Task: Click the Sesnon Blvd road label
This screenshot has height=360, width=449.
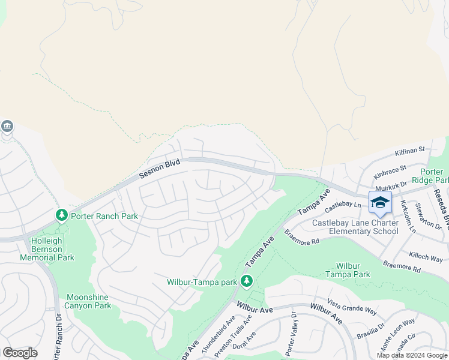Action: [x=159, y=169]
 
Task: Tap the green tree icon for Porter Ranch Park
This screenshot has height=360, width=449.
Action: [x=61, y=215]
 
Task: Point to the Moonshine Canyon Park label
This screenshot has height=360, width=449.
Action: [x=89, y=301]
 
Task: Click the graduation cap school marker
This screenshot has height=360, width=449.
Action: [x=380, y=203]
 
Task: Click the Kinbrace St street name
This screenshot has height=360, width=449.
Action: [x=390, y=172]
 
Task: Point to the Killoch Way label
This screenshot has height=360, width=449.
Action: [x=426, y=258]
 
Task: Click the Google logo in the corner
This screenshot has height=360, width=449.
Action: [x=20, y=353]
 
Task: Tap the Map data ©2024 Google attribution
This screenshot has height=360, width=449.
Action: [x=412, y=355]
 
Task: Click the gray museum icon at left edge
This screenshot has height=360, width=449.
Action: [x=7, y=126]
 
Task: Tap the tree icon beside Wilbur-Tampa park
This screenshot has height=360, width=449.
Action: [x=246, y=280]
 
